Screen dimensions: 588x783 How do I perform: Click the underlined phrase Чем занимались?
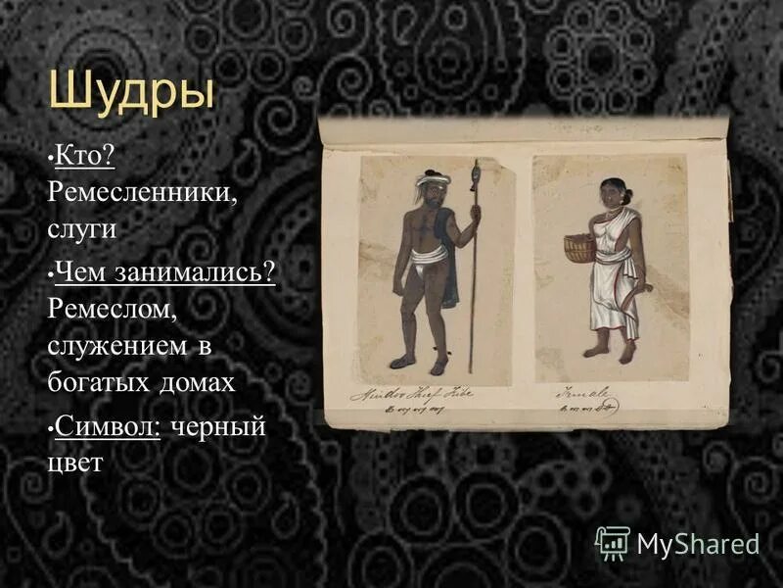point(165,271)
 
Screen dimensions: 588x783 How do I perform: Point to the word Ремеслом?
point(111,309)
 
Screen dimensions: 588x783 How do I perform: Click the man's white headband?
point(432,179)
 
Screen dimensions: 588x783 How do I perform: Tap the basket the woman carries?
point(580,248)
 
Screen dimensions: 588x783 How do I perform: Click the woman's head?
point(612,192)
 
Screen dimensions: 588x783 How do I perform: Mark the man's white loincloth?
point(428,259)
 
